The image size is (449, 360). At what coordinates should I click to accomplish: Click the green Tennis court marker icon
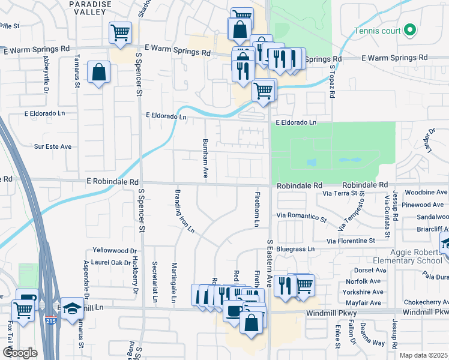pyautogui.click(x=411, y=29)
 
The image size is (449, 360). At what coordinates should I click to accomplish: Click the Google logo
pyautogui.click(x=20, y=353)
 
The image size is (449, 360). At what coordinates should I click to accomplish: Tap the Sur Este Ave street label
pyautogui.click(x=53, y=146)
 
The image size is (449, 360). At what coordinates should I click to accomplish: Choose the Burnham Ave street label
pyautogui.click(x=205, y=157)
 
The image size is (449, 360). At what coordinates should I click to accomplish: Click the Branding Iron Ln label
pyautogui.click(x=184, y=211)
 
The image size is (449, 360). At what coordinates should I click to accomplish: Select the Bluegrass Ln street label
pyautogui.click(x=295, y=248)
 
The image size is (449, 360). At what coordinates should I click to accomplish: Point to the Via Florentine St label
pyautogui.click(x=351, y=241)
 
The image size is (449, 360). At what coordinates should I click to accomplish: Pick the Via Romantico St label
pyautogui.click(x=301, y=215)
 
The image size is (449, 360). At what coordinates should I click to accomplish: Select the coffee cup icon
pyautogui.click(x=232, y=311)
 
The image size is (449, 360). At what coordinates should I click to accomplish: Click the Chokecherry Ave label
pyautogui.click(x=425, y=302)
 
